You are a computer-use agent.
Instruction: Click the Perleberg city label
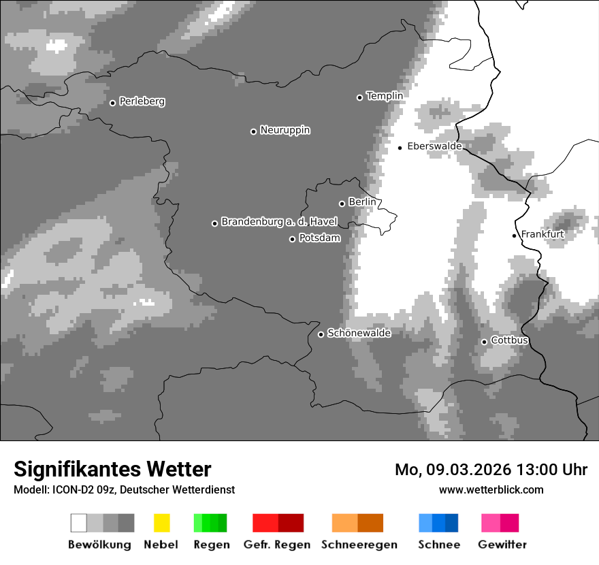pos(142,101)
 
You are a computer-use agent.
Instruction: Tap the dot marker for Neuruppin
pos(253,131)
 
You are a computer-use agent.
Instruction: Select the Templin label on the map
pos(385,96)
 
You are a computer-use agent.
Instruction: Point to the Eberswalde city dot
pos(400,148)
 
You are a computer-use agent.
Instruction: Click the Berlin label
pos(362,202)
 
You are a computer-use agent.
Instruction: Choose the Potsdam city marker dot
pos(292,239)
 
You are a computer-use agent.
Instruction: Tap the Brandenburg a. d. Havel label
pos(279,222)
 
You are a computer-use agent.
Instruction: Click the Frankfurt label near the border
pos(543,234)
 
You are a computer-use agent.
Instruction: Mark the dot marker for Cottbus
pos(484,342)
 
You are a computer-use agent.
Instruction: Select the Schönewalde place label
pos(359,333)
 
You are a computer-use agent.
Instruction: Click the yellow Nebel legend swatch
pos(161,523)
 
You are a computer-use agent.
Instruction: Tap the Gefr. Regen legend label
pos(277,545)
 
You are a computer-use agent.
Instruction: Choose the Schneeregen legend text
pos(359,545)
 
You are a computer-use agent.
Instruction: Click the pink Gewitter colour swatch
pos(500,523)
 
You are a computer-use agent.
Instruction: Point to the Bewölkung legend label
pos(99,545)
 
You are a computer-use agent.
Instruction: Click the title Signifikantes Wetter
pos(112,469)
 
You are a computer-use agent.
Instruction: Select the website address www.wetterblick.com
pos(491,489)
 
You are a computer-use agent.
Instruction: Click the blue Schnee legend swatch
pos(438,523)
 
